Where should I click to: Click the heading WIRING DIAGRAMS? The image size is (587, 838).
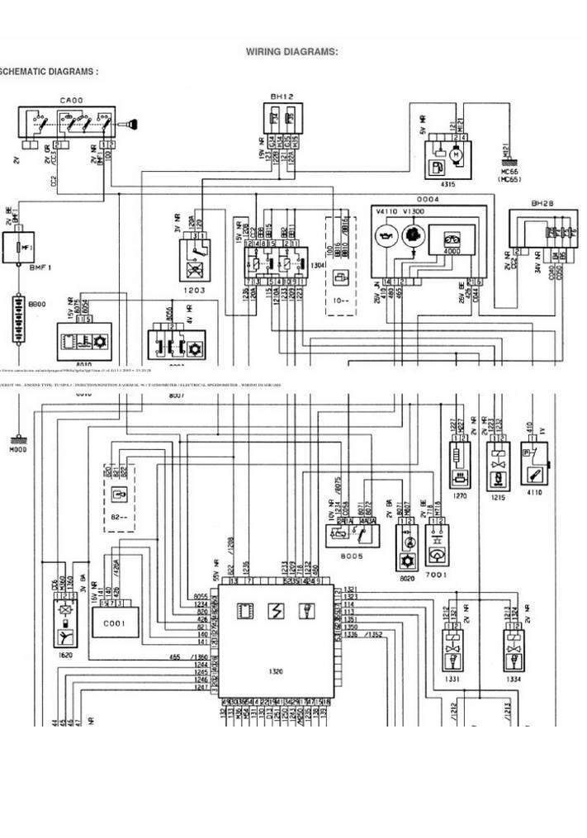[291, 52]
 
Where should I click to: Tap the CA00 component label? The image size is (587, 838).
[71, 100]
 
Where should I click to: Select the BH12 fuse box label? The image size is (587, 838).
[282, 97]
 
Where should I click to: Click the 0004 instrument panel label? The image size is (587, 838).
[427, 199]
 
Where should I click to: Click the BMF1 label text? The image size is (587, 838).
[19, 268]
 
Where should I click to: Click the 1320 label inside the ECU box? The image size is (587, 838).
[276, 671]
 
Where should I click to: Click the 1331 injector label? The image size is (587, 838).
[450, 679]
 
